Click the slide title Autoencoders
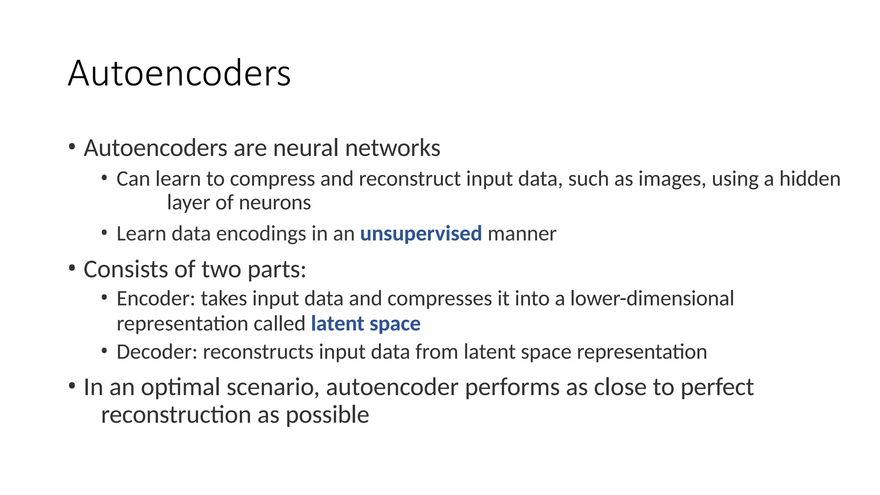click(179, 73)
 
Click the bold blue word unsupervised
click(421, 234)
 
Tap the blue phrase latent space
click(366, 324)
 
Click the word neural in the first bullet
click(306, 148)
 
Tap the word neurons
click(275, 203)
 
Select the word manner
click(522, 234)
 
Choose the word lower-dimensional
click(652, 299)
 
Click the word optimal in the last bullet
click(180, 388)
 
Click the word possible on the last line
click(327, 415)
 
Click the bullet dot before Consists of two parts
click(72, 269)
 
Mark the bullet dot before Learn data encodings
click(104, 233)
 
